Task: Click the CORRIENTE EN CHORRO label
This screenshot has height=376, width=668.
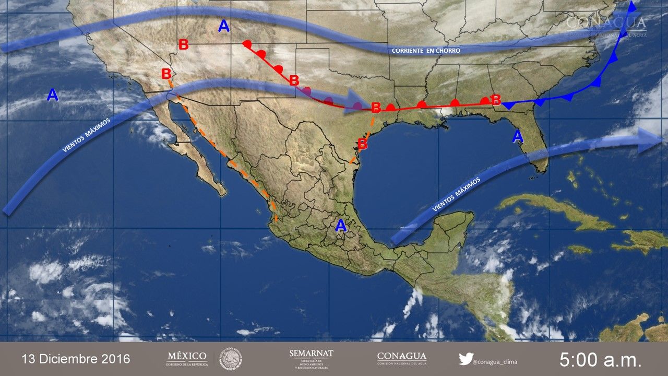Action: pos(426,51)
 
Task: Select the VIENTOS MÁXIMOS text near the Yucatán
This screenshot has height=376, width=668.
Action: pos(456,194)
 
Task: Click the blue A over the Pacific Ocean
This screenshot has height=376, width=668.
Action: pos(52,95)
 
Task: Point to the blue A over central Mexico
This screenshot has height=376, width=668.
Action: pos(341,226)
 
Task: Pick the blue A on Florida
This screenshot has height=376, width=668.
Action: pos(517,136)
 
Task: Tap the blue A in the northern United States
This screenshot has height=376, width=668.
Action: pos(224,26)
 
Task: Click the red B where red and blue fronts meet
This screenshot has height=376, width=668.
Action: pos(496,99)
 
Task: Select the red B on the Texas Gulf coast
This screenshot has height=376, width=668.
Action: pos(362,143)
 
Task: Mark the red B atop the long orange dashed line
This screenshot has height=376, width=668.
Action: pos(166,74)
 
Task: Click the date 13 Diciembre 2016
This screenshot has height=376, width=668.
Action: pos(76,359)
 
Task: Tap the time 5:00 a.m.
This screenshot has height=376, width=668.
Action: pos(600,359)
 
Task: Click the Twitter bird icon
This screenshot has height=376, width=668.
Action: pos(466,359)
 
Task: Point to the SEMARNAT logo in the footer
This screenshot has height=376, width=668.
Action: pos(311,359)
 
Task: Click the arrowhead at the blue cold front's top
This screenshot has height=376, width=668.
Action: pos(633,7)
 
